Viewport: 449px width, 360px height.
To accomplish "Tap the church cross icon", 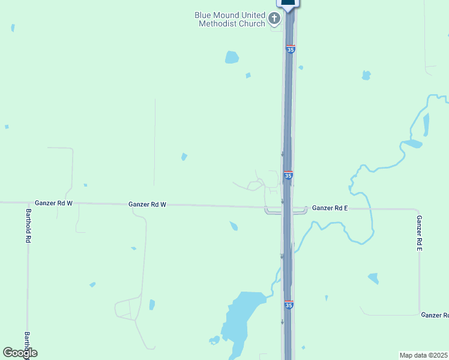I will tap(274, 19).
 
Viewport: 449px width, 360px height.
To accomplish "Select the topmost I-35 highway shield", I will tap(291, 49).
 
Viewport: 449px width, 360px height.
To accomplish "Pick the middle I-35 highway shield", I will tap(288, 175).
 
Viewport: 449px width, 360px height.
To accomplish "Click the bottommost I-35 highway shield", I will tap(289, 305).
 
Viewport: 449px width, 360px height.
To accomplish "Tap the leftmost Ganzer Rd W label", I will tap(53, 203).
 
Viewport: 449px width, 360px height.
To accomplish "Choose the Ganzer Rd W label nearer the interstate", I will tap(147, 205).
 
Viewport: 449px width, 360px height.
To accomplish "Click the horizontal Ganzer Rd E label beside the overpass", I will tap(330, 208).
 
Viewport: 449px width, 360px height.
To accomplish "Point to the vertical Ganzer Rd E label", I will tap(419, 233).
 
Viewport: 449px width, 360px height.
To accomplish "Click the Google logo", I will tap(20, 353).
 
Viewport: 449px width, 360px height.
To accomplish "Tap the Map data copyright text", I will tap(424, 355).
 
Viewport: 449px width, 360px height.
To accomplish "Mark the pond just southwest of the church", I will tap(232, 58).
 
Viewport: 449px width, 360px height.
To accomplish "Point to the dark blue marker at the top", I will tap(288, 4).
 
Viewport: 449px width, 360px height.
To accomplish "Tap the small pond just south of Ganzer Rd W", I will tap(234, 226).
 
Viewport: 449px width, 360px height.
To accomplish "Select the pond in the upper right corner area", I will tap(366, 76).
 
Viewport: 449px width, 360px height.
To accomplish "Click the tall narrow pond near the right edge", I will tap(426, 124).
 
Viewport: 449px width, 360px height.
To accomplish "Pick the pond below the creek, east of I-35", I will tap(373, 278).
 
